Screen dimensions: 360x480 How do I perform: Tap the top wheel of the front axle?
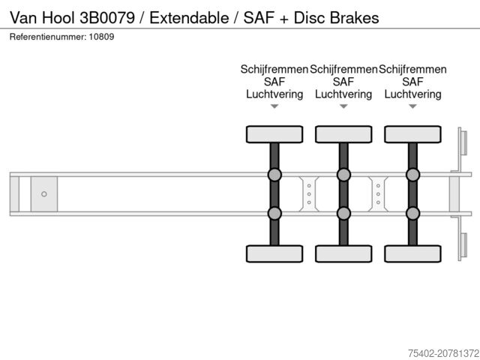click(x=274, y=134)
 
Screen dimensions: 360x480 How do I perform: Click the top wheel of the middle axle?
click(x=343, y=134)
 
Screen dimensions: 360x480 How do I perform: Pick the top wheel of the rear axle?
click(x=412, y=134)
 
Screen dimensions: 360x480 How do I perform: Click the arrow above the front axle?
click(x=274, y=106)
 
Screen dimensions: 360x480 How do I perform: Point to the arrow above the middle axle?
click(x=343, y=106)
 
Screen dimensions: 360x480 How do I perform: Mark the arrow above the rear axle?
click(x=412, y=106)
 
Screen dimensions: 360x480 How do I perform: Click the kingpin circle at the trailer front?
click(x=44, y=194)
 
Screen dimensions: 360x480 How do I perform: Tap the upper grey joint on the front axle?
click(x=274, y=175)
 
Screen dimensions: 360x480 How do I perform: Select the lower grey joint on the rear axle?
click(x=412, y=213)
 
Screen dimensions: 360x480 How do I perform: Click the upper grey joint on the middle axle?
click(x=343, y=175)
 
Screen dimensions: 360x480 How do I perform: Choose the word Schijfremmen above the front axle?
click(x=274, y=70)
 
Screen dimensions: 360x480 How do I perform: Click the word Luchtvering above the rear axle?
click(x=412, y=94)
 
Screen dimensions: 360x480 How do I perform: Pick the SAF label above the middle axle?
click(x=343, y=82)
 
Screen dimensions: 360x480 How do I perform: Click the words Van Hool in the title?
click(x=42, y=16)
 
